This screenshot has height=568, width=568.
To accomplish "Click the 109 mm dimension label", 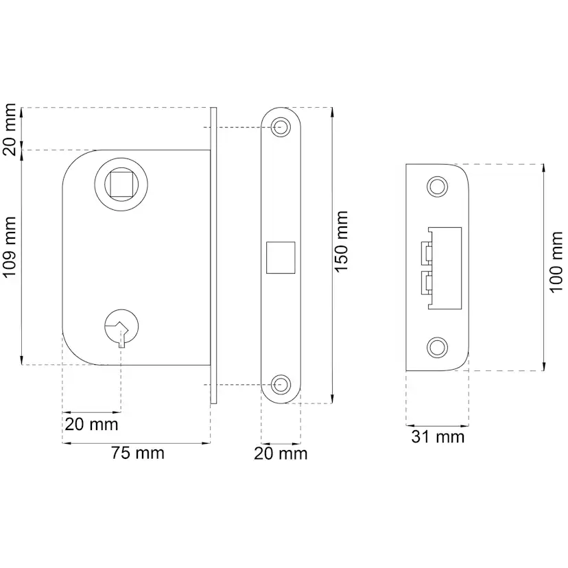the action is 10,247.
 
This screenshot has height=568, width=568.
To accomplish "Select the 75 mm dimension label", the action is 138,453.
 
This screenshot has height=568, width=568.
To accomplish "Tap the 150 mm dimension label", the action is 341,241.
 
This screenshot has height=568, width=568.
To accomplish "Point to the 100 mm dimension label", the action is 556,262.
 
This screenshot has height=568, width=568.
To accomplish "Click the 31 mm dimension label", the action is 438,437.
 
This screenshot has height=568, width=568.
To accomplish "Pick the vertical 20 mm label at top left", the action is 10,130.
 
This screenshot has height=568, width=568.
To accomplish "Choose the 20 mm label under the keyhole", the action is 91,424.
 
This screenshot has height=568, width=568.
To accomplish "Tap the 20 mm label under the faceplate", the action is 281,453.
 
